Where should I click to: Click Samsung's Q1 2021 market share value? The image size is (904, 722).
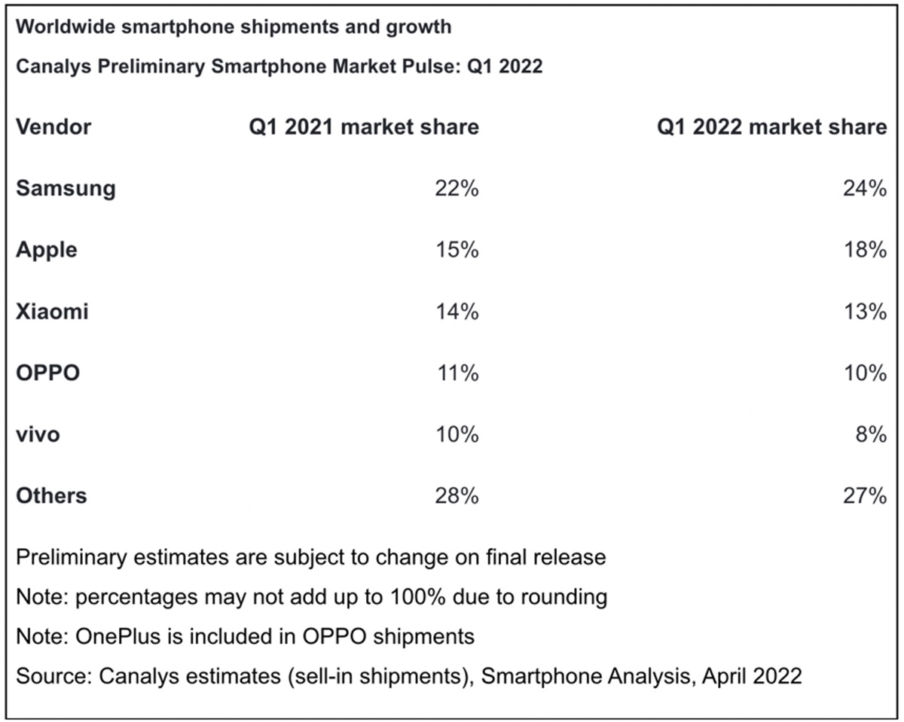click(x=457, y=188)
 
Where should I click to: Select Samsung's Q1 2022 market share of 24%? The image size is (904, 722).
click(x=864, y=188)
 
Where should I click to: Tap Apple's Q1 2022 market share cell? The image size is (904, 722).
click(x=864, y=249)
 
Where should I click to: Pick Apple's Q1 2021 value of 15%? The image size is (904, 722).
click(x=457, y=249)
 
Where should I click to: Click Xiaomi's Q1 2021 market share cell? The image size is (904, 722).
click(x=457, y=311)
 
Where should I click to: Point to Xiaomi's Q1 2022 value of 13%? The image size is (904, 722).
click(x=864, y=311)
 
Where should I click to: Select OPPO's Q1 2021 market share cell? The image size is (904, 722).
click(x=457, y=372)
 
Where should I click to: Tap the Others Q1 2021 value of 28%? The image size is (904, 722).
click(x=457, y=495)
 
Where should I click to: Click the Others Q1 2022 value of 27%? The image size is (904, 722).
click(x=864, y=495)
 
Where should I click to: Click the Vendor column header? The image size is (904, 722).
click(x=53, y=126)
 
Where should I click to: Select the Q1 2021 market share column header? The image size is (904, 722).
click(x=364, y=126)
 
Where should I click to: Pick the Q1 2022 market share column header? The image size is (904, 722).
click(x=772, y=126)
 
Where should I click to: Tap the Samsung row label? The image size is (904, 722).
click(x=66, y=188)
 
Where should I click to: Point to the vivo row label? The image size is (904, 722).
click(x=38, y=434)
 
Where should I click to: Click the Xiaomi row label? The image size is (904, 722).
click(x=52, y=311)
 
